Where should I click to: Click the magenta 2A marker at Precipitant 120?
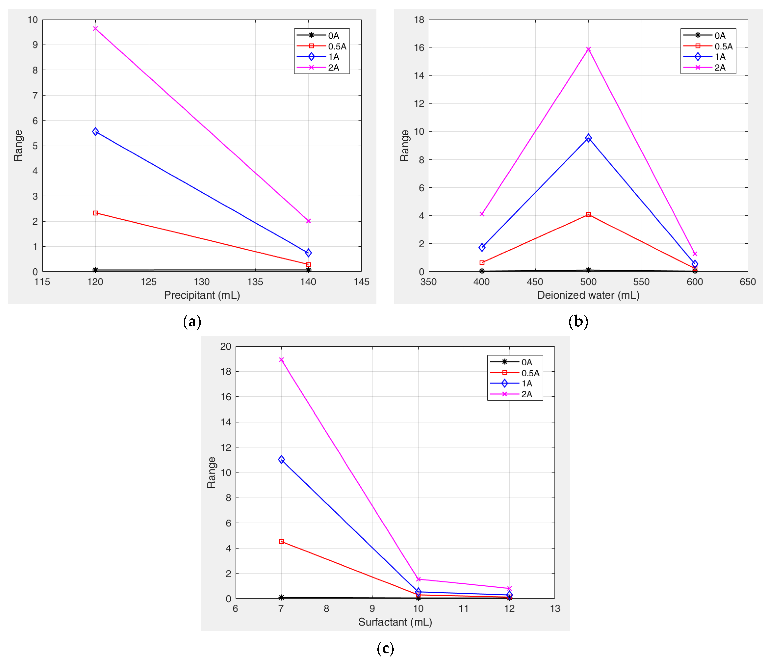(95, 29)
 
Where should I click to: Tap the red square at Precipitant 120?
(95, 213)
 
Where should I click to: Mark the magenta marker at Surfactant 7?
(281, 360)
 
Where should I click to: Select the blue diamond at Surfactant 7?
(281, 460)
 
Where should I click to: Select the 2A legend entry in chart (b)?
(720, 67)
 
